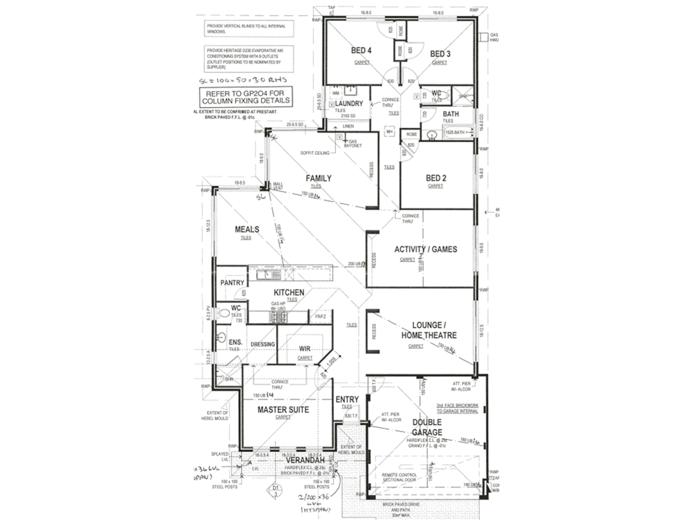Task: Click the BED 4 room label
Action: click(x=361, y=50)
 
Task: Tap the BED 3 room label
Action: click(x=440, y=54)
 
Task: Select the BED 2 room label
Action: click(x=436, y=178)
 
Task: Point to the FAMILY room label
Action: click(x=318, y=178)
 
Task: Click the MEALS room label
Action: click(x=247, y=229)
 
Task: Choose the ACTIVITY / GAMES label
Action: click(x=425, y=249)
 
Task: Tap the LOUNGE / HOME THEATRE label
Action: click(x=428, y=330)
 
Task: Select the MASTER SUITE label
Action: click(x=283, y=410)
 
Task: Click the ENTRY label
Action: click(x=347, y=400)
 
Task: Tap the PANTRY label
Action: click(x=232, y=283)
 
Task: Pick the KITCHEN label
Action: click(x=289, y=292)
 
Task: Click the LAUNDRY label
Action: click(x=349, y=103)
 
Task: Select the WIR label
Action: click(x=304, y=349)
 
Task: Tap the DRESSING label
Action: click(x=263, y=344)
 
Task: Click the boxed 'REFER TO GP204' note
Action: click(x=245, y=97)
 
